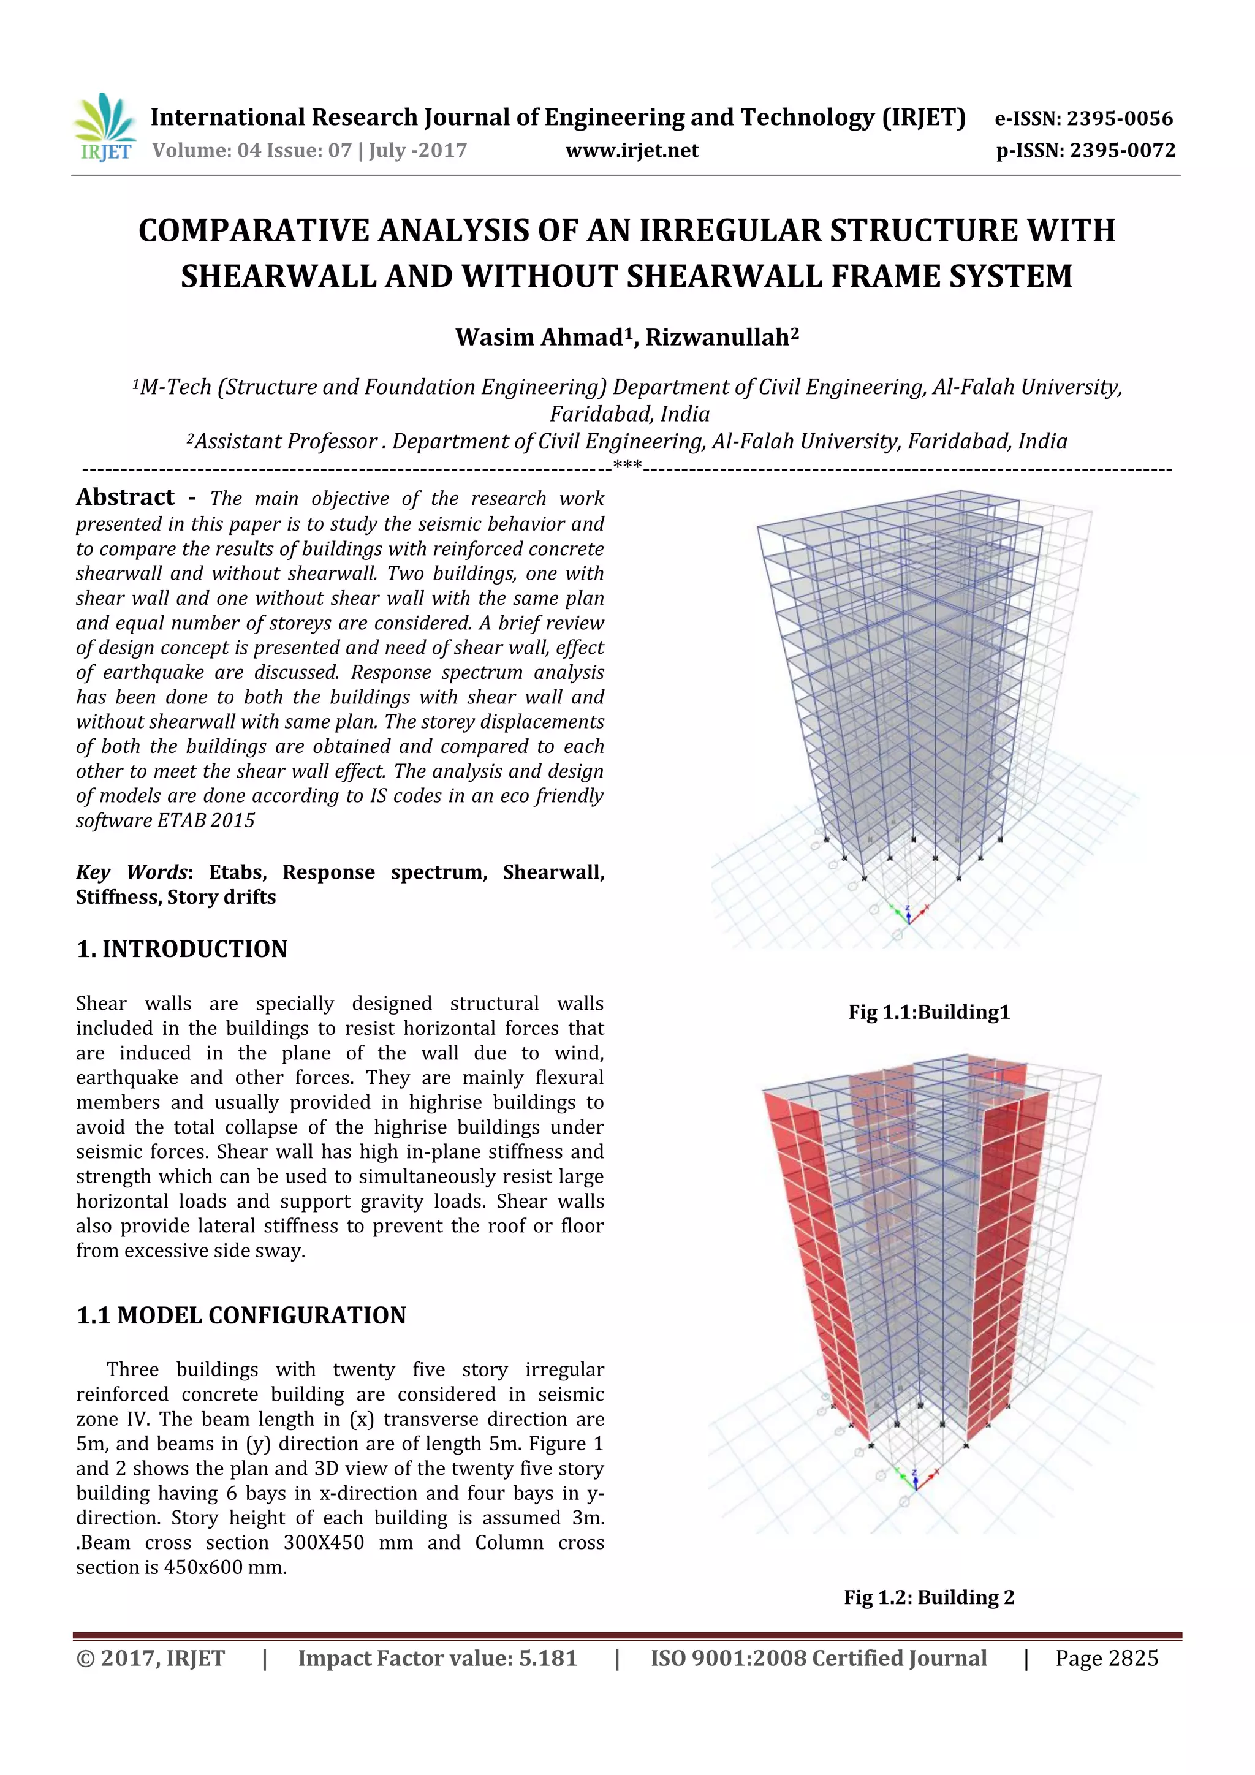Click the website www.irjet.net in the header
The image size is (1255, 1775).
(632, 151)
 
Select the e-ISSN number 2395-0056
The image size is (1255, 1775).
(1120, 119)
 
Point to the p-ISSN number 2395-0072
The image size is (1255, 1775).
(1122, 151)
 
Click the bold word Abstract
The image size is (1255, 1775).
(125, 497)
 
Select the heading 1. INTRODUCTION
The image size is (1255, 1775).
(182, 949)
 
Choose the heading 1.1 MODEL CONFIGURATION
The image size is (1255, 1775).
(241, 1316)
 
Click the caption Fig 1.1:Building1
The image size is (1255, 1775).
(928, 1012)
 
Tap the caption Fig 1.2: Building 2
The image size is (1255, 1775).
(928, 1597)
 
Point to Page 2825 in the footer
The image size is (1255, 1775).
(1107, 1658)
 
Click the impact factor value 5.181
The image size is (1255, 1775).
(547, 1658)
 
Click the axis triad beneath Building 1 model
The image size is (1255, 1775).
(909, 915)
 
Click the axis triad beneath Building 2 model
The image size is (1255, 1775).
(915, 1478)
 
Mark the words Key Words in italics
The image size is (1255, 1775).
(132, 872)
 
